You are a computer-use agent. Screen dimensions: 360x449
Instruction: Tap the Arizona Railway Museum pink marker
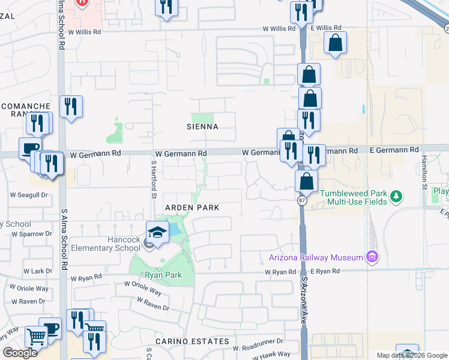(x=372, y=257)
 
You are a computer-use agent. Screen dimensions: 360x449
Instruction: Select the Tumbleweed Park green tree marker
(x=396, y=196)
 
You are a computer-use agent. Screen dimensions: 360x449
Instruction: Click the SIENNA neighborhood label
(x=202, y=127)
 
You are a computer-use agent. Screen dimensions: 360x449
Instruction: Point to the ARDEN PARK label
(x=191, y=207)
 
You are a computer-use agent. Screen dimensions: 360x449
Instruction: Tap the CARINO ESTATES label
(x=192, y=341)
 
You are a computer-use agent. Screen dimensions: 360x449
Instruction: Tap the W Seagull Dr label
(x=28, y=194)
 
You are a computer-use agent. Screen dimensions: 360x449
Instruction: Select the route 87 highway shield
(x=301, y=202)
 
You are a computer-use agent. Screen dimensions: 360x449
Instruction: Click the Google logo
(x=20, y=353)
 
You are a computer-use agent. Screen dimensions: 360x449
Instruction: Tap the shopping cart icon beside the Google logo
(x=35, y=337)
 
